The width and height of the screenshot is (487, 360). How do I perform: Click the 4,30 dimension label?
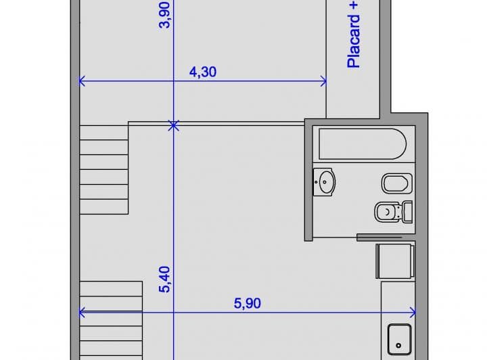203,72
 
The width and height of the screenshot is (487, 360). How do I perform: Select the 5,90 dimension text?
248,303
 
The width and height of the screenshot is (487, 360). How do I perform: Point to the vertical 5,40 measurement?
164,279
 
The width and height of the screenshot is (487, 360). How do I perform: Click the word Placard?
353,45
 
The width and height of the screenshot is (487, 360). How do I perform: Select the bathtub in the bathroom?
362,143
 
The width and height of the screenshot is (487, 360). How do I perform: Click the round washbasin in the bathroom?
325,181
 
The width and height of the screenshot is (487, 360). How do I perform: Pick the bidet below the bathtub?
396,183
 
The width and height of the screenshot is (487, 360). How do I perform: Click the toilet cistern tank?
407,212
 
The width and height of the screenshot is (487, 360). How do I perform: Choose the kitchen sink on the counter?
398,338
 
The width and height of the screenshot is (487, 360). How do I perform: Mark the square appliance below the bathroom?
394,261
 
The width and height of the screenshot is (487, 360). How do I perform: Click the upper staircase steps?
104,169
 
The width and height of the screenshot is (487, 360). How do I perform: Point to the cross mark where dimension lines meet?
174,125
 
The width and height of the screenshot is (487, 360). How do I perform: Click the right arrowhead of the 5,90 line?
413,313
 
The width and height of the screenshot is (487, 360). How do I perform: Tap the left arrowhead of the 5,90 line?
82,313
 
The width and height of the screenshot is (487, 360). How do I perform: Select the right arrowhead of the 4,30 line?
324,81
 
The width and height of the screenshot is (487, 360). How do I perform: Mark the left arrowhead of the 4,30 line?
82,81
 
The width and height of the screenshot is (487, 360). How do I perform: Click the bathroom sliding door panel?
384,236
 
